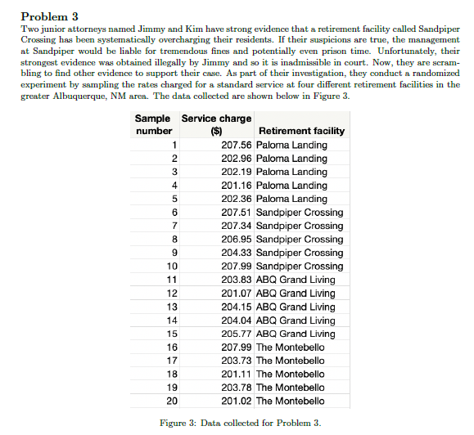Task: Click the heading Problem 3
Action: coord(50,16)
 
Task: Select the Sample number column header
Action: coord(153,124)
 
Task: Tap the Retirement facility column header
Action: coord(300,131)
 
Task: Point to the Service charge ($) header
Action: coord(216,124)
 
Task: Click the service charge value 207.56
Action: coord(236,145)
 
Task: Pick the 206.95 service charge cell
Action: coord(236,239)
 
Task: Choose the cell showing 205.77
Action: coord(236,334)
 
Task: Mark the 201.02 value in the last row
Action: coord(236,401)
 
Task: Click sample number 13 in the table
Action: coord(172,307)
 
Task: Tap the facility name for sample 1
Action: coord(291,145)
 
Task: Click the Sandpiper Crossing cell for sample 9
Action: coord(300,253)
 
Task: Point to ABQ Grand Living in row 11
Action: coord(296,280)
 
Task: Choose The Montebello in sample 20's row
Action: coord(290,401)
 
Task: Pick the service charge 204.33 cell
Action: coord(236,253)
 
